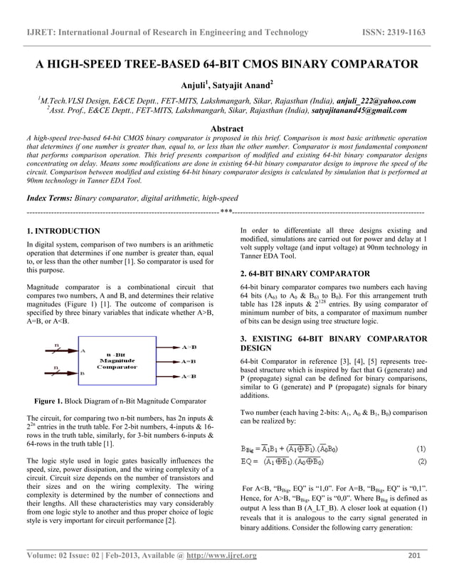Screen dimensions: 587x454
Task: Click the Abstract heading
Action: (x=227, y=128)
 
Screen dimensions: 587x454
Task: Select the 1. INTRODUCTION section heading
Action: (x=63, y=232)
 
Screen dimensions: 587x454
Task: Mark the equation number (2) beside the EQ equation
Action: (x=421, y=462)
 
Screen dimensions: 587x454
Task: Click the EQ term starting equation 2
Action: (x=248, y=463)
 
